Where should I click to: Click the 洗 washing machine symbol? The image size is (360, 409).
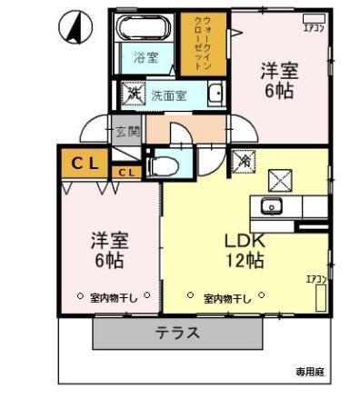(x=133, y=93)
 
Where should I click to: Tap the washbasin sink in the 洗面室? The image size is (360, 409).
(x=215, y=94)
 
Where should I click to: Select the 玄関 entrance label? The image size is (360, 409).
(x=126, y=132)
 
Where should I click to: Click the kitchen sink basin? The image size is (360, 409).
(x=272, y=205)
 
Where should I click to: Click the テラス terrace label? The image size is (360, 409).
(x=177, y=332)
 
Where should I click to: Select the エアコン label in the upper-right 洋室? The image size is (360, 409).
(x=314, y=26)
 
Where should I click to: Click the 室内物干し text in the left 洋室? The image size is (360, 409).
(x=110, y=296)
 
